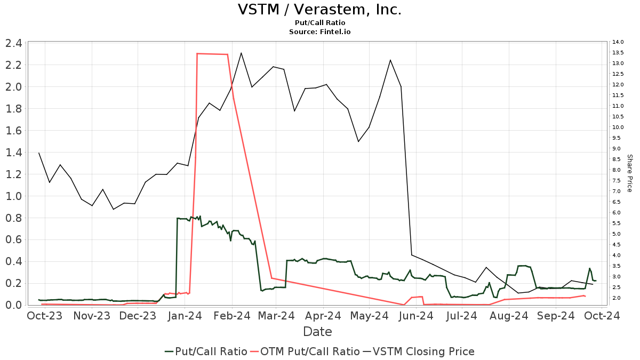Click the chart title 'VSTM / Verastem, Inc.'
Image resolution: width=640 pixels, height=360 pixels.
(319, 10)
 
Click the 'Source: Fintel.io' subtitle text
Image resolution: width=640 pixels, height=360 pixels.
(319, 32)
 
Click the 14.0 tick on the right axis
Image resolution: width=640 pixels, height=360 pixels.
(618, 42)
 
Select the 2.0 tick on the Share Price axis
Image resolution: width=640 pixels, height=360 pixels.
(617, 298)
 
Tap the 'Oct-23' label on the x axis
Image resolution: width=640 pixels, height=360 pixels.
(45, 316)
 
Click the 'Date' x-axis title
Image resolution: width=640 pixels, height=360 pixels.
(317, 332)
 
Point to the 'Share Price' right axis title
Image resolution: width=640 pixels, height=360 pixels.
(629, 173)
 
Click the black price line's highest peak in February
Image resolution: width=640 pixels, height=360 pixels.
(241, 53)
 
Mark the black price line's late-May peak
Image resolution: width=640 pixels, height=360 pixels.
(390, 60)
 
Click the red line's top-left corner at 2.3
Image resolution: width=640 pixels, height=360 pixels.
(197, 53)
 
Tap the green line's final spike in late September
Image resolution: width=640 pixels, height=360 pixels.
(589, 268)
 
